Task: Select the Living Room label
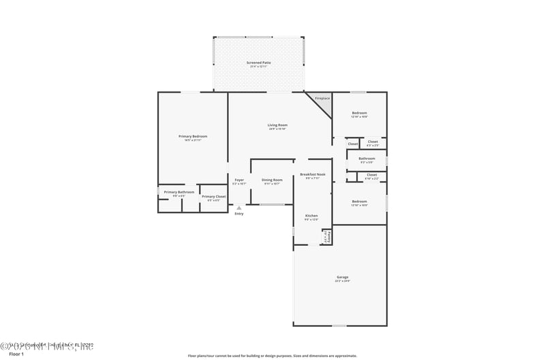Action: click(x=277, y=125)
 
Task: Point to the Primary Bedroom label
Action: click(x=193, y=136)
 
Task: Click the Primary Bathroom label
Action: click(x=178, y=192)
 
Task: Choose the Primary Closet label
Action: click(x=213, y=196)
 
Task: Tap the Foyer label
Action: click(x=238, y=180)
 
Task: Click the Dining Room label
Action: click(x=272, y=180)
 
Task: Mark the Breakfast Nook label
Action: click(x=313, y=174)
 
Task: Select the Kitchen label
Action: click(x=311, y=216)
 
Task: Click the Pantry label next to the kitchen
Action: click(x=328, y=237)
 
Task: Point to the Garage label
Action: click(x=342, y=277)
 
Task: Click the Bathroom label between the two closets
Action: click(x=367, y=159)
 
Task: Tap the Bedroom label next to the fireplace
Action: click(x=359, y=112)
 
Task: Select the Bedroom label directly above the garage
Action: click(x=359, y=201)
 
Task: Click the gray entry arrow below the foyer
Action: click(x=238, y=208)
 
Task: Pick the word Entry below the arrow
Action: click(x=238, y=214)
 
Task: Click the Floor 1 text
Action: click(x=16, y=354)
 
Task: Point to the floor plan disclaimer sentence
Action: click(x=272, y=356)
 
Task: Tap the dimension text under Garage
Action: click(x=342, y=281)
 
